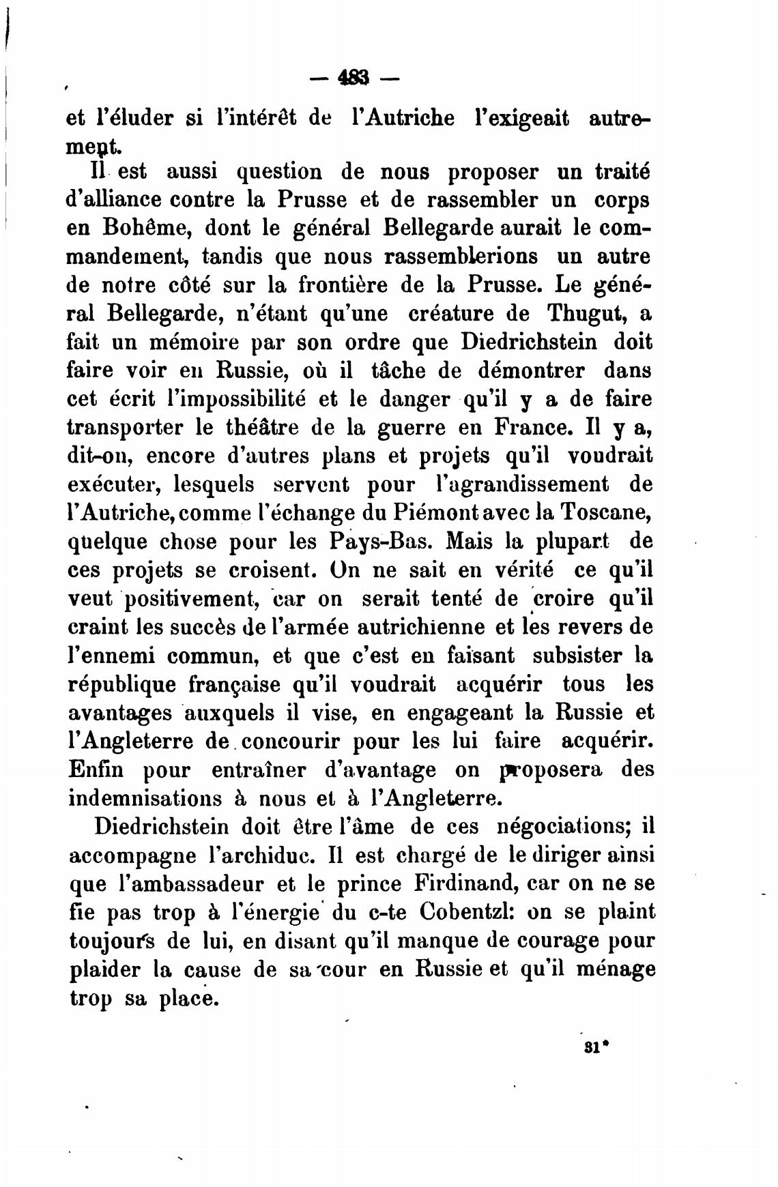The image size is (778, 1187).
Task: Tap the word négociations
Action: [566, 826]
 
